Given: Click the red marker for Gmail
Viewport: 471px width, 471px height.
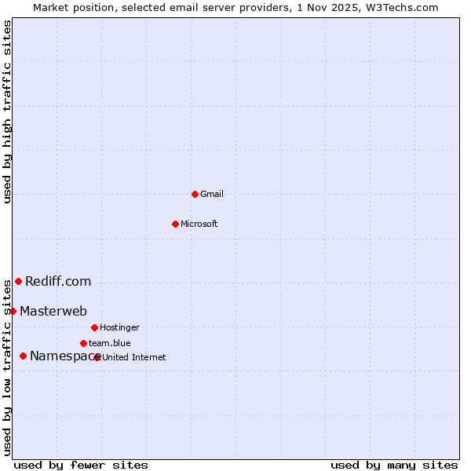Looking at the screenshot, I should [x=195, y=194].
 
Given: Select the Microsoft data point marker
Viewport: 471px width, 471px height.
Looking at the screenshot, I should [x=175, y=224].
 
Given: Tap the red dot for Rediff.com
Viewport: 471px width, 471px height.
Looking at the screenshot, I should [x=18, y=281].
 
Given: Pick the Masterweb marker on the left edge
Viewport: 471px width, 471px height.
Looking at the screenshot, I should [x=13, y=311].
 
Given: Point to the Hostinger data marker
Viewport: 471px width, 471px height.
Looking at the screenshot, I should [x=94, y=327].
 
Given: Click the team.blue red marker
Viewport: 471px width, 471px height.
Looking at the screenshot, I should [x=83, y=343].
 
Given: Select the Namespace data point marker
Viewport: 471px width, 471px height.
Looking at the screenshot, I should [x=23, y=356].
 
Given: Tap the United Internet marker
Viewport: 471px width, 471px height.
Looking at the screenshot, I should [x=97, y=357].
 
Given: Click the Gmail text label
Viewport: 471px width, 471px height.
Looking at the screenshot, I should [x=212, y=194].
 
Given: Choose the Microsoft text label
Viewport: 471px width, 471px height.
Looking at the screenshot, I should [x=199, y=224].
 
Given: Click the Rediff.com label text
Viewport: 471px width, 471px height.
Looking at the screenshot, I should [x=58, y=281].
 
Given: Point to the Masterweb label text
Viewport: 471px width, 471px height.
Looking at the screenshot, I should [x=53, y=311].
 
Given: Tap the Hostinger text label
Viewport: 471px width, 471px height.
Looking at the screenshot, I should [x=119, y=327].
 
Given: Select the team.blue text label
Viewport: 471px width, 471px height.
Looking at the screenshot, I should [x=110, y=343].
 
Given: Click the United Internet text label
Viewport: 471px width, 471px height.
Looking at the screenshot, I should [x=134, y=357].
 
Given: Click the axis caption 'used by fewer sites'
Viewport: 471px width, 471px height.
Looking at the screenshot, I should [x=81, y=465].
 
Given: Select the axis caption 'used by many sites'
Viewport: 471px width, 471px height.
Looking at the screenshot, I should [x=394, y=465].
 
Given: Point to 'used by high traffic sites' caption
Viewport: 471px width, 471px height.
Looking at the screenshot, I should [x=7, y=111].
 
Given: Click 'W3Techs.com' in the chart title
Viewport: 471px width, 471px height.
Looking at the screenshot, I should [x=404, y=7].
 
